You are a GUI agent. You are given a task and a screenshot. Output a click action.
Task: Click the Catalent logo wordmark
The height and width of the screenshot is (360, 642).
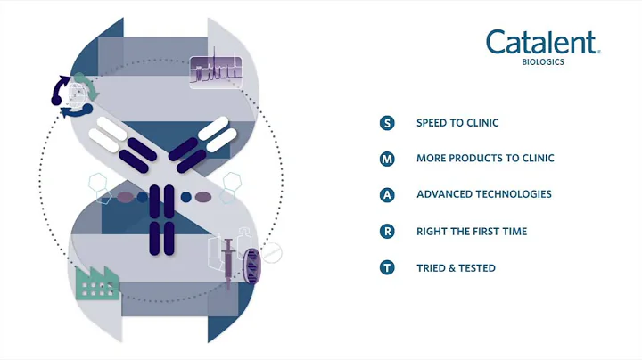coord(542,42)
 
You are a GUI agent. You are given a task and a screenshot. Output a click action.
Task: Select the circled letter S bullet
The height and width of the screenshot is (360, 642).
coord(387,123)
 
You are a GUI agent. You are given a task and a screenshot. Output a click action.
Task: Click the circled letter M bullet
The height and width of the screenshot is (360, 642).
coord(387,159)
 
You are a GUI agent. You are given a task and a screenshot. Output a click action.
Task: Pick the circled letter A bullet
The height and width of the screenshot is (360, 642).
coord(387,195)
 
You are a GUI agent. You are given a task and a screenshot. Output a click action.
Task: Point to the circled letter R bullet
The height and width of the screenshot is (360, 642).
coord(387,232)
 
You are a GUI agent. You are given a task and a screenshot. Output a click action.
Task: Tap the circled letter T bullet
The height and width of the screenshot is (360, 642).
coord(387,267)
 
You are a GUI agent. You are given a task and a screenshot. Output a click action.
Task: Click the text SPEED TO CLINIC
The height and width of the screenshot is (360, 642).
coord(457,123)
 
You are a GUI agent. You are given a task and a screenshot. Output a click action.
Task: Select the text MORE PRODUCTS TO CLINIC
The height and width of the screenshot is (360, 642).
coord(485,159)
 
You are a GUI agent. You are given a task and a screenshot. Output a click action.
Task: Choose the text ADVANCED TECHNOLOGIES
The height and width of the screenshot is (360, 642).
coord(483,194)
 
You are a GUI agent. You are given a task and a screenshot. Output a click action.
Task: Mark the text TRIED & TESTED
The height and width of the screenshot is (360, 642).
coord(456,267)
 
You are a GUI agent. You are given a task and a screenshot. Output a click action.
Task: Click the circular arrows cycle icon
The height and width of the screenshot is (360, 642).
coord(71,95)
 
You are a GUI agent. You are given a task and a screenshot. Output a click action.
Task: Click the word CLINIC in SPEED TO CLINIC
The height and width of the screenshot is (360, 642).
coord(481,123)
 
